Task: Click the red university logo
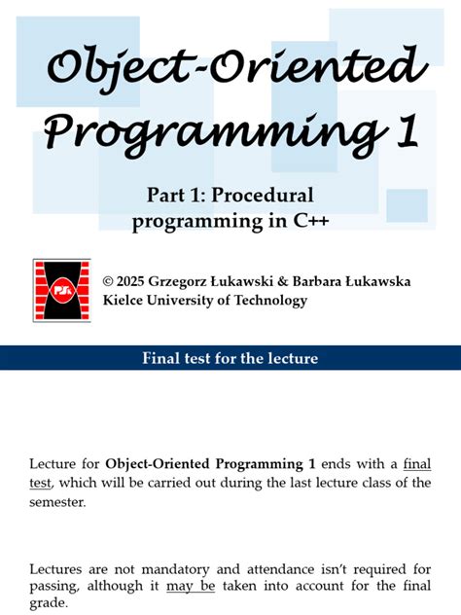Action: [61, 290]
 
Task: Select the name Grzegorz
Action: [193, 281]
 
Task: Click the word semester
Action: [57, 502]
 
